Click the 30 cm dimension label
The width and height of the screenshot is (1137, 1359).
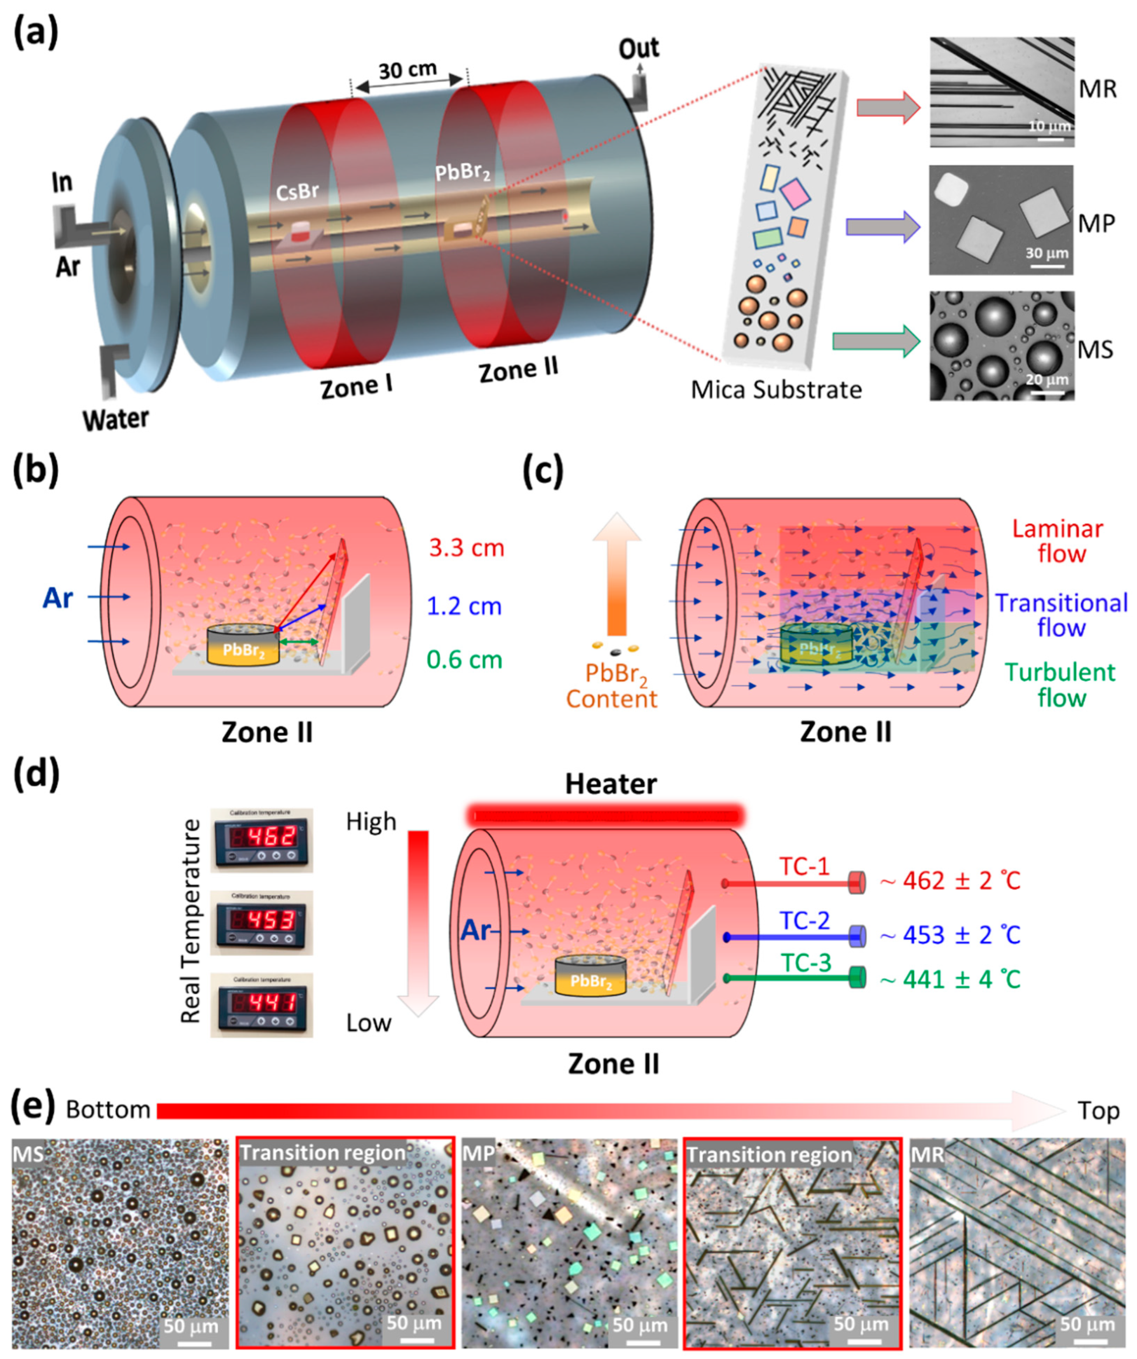(408, 69)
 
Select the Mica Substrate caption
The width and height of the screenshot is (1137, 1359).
(776, 390)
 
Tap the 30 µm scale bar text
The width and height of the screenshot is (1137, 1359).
(1046, 253)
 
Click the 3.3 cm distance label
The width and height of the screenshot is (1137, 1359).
(466, 548)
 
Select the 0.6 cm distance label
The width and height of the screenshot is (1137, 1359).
(464, 659)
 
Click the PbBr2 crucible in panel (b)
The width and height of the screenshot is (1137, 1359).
(243, 645)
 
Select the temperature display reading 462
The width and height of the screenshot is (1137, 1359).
(262, 839)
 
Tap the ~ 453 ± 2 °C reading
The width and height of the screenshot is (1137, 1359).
(950, 935)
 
